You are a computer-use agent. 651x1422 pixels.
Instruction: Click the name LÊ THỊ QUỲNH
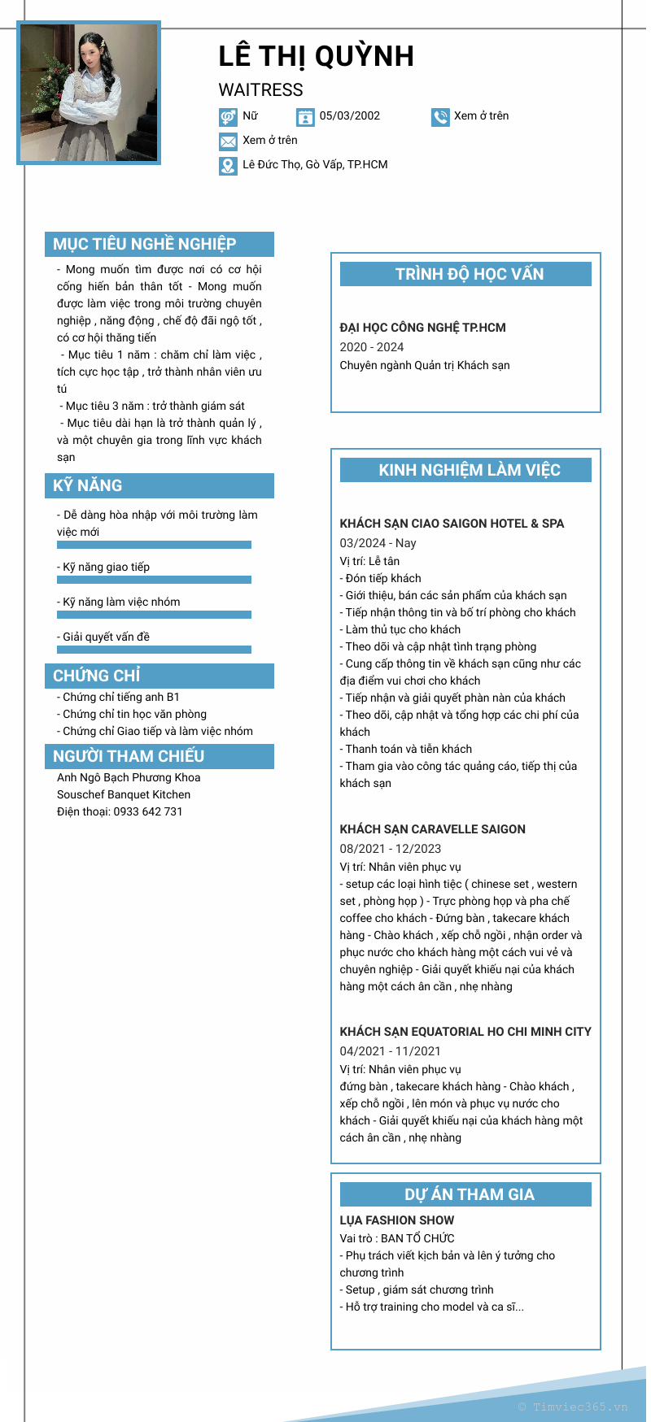pyautogui.click(x=316, y=56)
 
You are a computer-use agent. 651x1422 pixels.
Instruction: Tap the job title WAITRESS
pyautogui.click(x=260, y=90)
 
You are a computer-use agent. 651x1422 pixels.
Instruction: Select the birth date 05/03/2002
pyautogui.click(x=349, y=115)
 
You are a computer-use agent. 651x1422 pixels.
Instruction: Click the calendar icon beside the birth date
pyautogui.click(x=305, y=117)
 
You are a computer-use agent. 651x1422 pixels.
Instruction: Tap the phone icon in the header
pyautogui.click(x=440, y=117)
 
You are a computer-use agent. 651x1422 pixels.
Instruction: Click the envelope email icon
pyautogui.click(x=228, y=141)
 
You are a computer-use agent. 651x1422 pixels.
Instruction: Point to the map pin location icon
pyautogui.click(x=228, y=166)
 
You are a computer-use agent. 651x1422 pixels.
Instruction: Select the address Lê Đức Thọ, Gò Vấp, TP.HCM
pyautogui.click(x=315, y=164)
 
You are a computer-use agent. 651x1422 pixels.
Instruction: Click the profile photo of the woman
pyautogui.click(x=89, y=93)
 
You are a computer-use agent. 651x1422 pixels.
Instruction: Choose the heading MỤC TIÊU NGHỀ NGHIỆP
pyautogui.click(x=145, y=244)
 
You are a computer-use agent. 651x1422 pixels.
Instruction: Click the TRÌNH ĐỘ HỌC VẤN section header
pyautogui.click(x=469, y=274)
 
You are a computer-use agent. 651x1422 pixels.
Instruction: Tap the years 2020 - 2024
pyautogui.click(x=371, y=347)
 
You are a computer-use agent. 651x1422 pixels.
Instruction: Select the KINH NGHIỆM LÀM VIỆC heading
pyautogui.click(x=469, y=470)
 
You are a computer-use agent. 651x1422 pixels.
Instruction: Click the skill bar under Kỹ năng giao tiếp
pyautogui.click(x=154, y=580)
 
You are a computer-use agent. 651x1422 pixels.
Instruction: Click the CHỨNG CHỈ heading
pyautogui.click(x=97, y=676)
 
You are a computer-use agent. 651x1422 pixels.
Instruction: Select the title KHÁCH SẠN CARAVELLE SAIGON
pyautogui.click(x=432, y=829)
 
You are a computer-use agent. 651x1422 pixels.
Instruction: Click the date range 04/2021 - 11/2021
pyautogui.click(x=390, y=1051)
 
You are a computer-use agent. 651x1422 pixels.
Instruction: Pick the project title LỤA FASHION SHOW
pyautogui.click(x=396, y=1220)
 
